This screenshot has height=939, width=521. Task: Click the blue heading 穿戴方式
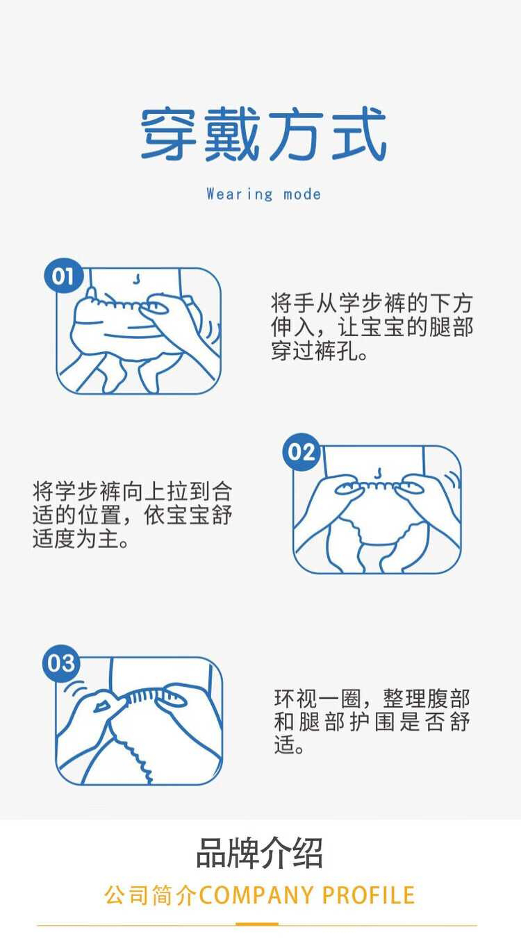(263, 134)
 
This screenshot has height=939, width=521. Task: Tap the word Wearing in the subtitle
(240, 194)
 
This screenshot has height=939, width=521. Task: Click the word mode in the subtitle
(301, 194)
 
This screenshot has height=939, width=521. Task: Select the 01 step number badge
(63, 276)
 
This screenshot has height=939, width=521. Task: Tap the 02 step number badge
(301, 452)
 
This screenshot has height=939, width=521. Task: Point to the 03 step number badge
(61, 663)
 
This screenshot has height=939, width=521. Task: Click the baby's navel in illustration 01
(135, 279)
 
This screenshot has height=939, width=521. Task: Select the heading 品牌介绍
(260, 853)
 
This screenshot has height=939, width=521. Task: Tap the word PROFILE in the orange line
(368, 895)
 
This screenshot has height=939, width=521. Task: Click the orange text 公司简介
(150, 895)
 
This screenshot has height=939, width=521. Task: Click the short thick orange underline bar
(257, 924)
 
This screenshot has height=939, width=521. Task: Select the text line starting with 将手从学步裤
(372, 303)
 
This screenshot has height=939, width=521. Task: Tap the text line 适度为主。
(81, 539)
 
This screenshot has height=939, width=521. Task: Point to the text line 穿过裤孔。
(320, 351)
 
